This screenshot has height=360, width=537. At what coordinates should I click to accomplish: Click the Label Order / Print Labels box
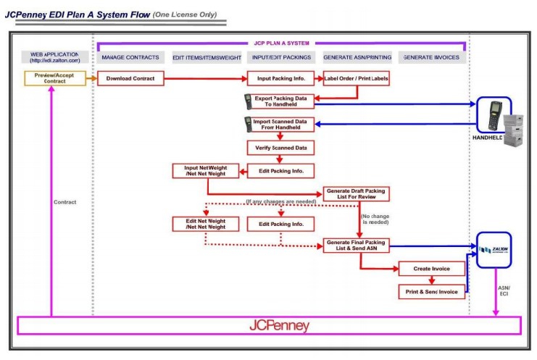pyautogui.click(x=356, y=78)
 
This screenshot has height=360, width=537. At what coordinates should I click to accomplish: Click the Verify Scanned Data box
pyautogui.click(x=280, y=148)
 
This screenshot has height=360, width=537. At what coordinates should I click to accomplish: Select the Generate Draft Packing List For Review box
pyautogui.click(x=355, y=194)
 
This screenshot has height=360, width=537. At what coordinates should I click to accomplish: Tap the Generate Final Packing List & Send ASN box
pyautogui.click(x=355, y=245)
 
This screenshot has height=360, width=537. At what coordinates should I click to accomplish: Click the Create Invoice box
pyautogui.click(x=431, y=269)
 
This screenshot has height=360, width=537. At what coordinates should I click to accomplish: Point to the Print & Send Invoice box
pyautogui.click(x=431, y=292)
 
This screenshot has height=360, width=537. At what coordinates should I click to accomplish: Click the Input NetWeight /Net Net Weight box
pyautogui.click(x=205, y=171)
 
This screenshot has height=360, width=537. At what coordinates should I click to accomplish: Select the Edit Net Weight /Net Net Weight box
pyautogui.click(x=205, y=225)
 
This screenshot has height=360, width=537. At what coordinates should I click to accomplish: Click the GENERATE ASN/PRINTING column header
pyautogui.click(x=356, y=57)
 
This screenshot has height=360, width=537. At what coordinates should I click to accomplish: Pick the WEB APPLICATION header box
pyautogui.click(x=50, y=57)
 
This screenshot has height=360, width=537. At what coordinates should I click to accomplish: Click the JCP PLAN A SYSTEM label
pyautogui.click(x=280, y=43)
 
